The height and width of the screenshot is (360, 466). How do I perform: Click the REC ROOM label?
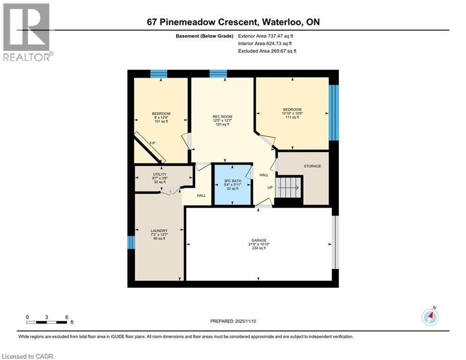click(x=222, y=117)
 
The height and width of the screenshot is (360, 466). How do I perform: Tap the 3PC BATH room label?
click(x=233, y=180)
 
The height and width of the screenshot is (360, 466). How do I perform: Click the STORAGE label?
click(x=312, y=166)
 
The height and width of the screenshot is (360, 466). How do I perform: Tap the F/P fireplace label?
click(x=152, y=143)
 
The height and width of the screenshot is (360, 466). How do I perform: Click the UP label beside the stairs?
click(x=270, y=187)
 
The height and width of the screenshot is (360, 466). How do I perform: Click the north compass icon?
click(x=430, y=317)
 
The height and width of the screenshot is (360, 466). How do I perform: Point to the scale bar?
click(x=47, y=322)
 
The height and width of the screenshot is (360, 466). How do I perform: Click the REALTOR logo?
click(x=27, y=32)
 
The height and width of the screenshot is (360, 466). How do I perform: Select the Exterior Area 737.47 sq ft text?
click(x=266, y=36)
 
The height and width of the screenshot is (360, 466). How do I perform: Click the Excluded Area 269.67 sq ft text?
click(x=267, y=51)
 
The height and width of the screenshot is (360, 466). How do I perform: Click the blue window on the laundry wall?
click(x=131, y=242)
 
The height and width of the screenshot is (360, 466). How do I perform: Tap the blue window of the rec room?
click(x=218, y=74)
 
